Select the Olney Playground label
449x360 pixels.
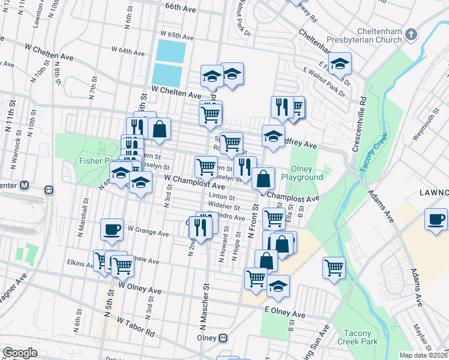tap(306, 173)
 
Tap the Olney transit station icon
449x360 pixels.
tap(223, 338)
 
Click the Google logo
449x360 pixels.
tap(20, 353)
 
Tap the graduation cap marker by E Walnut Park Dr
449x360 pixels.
tap(340, 64)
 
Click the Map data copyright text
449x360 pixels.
tap(424, 355)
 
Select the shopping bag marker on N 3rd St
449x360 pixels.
tap(160, 129)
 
